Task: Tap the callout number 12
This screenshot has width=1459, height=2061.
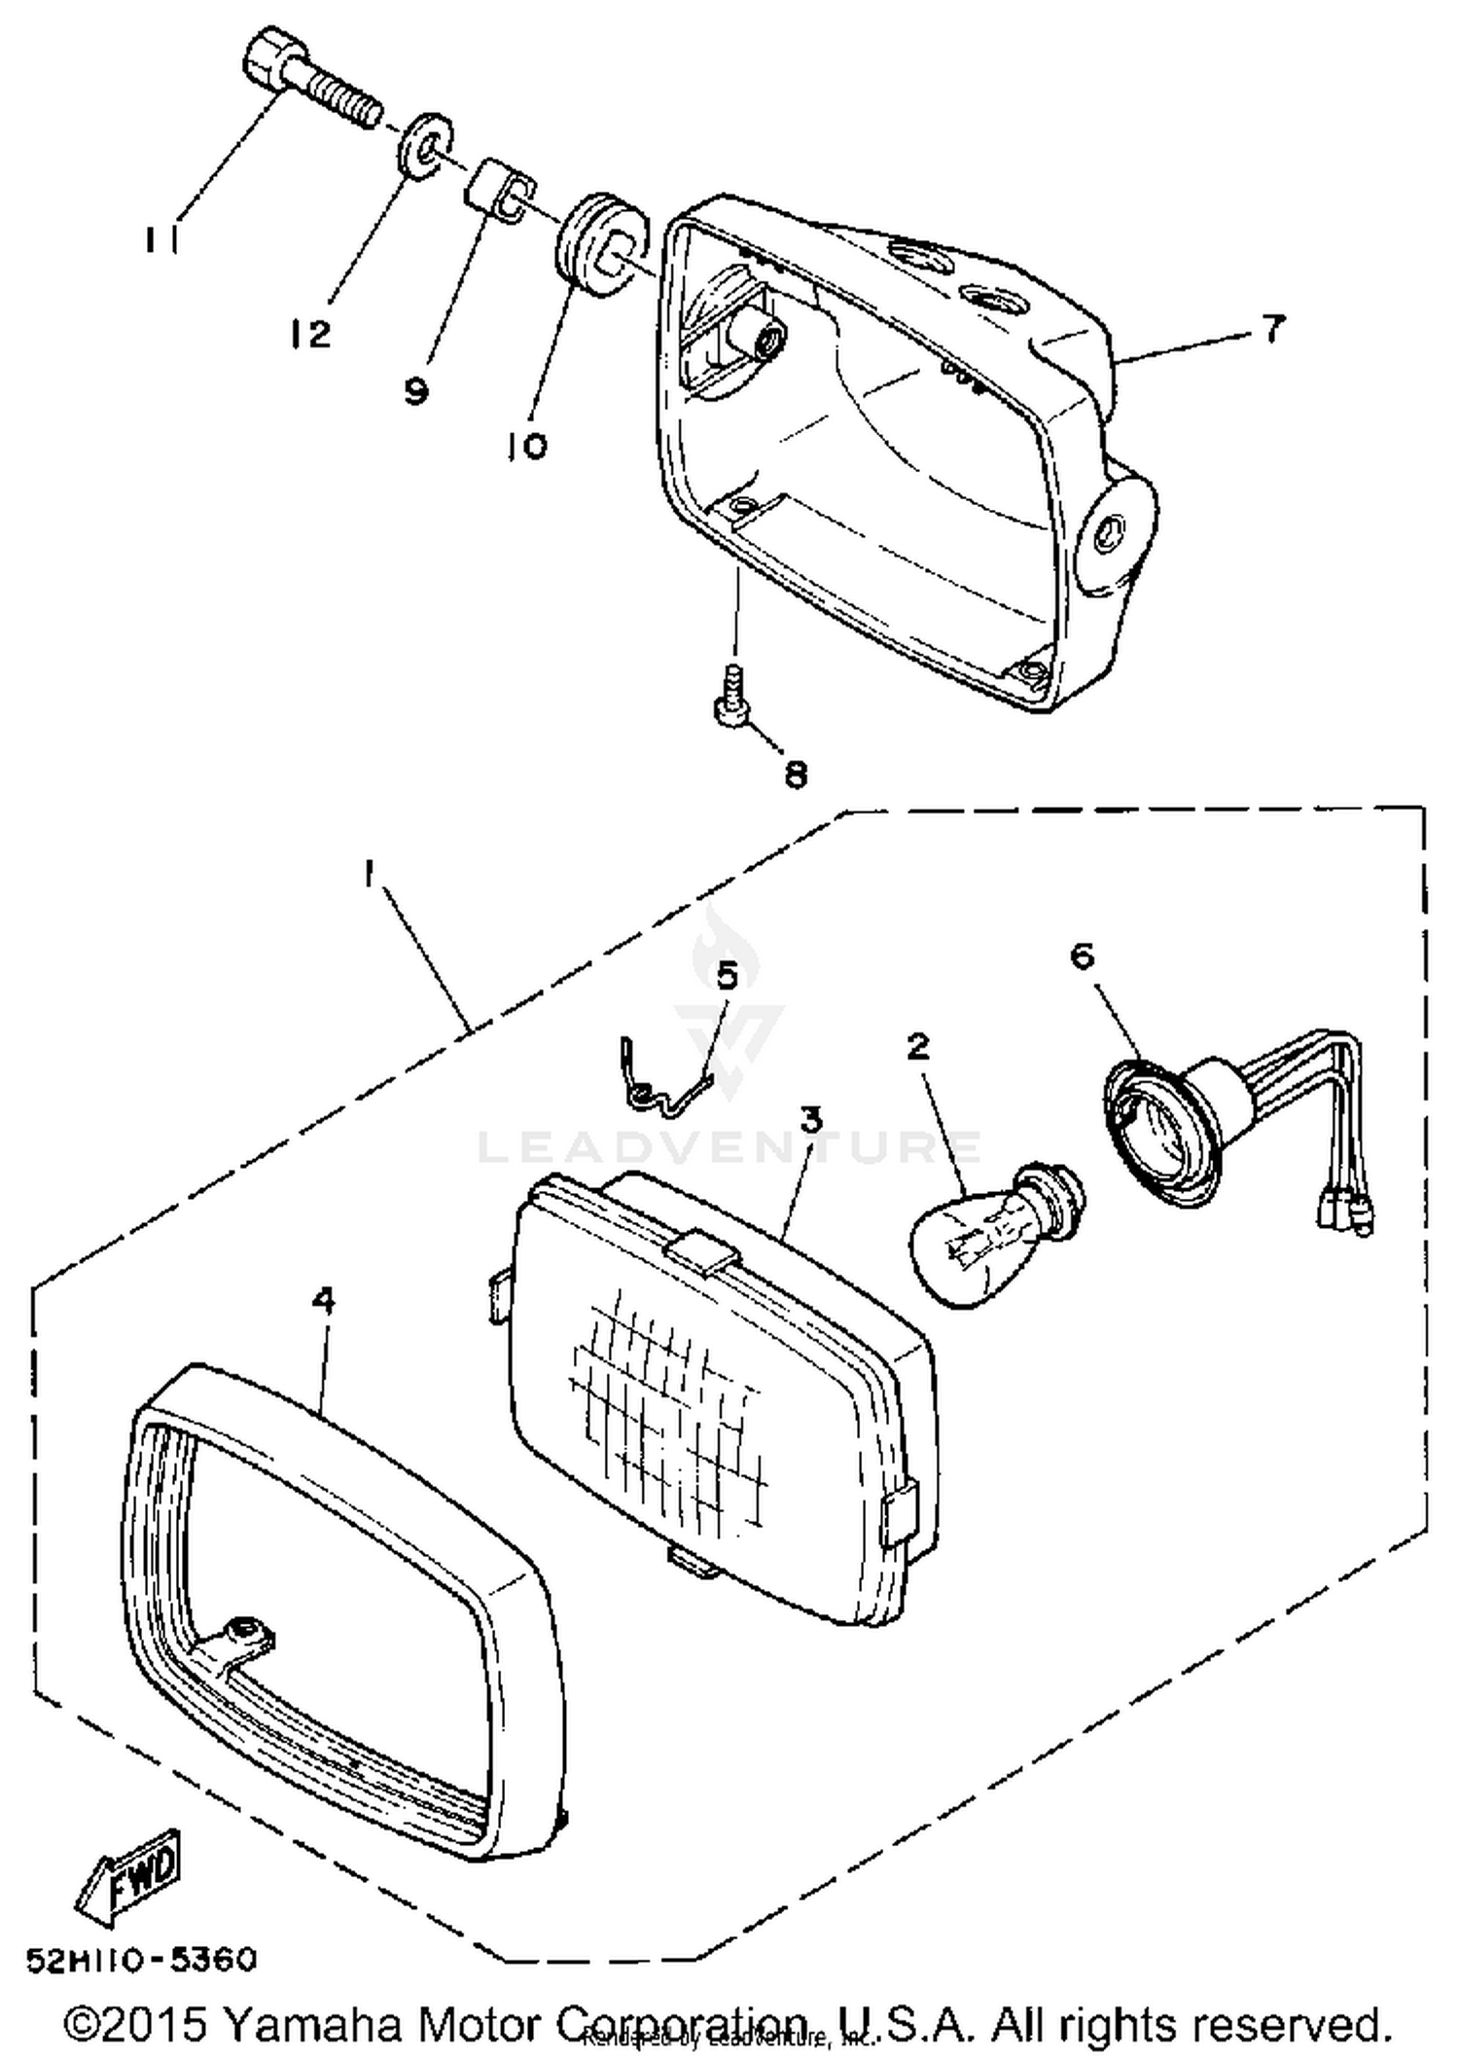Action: (309, 335)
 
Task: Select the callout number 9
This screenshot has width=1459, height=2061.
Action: (415, 391)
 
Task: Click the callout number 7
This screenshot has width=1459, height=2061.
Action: (1274, 329)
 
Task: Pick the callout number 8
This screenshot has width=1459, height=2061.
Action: (795, 775)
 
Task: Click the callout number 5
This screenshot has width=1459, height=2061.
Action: (728, 976)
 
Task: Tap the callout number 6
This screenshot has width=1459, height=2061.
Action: (1082, 956)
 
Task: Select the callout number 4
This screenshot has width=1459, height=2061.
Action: (324, 1300)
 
